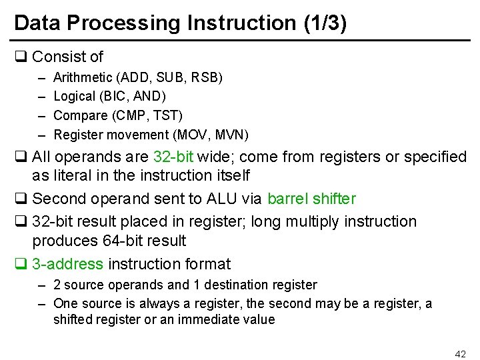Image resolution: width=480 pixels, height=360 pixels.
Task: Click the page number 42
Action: (460, 353)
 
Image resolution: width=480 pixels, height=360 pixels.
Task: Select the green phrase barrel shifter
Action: (311, 199)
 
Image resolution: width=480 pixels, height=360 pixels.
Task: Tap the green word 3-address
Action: (67, 264)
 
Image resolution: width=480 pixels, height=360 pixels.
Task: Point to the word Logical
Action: (74, 97)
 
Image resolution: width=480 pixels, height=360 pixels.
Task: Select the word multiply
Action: (323, 221)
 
